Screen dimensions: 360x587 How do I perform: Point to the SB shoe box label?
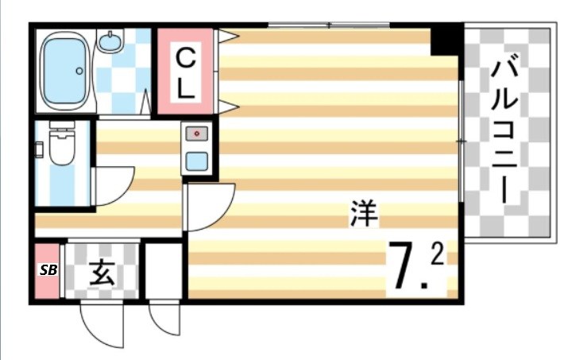pos(48,269)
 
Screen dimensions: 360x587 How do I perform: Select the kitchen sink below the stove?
pos(196,160)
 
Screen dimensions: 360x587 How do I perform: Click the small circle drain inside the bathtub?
pos(79,71)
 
